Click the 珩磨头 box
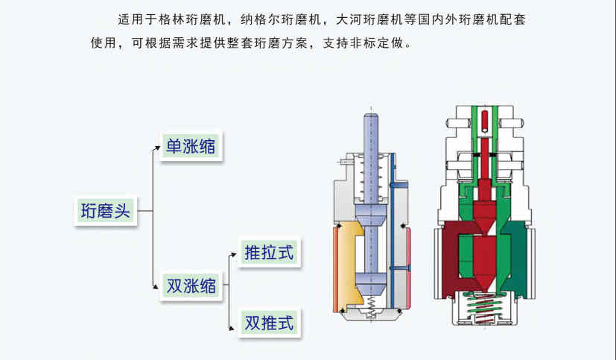point(105,211)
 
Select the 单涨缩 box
point(190,145)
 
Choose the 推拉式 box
point(269,253)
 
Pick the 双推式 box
point(269,323)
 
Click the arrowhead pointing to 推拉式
point(235,254)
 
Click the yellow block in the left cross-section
point(348,265)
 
